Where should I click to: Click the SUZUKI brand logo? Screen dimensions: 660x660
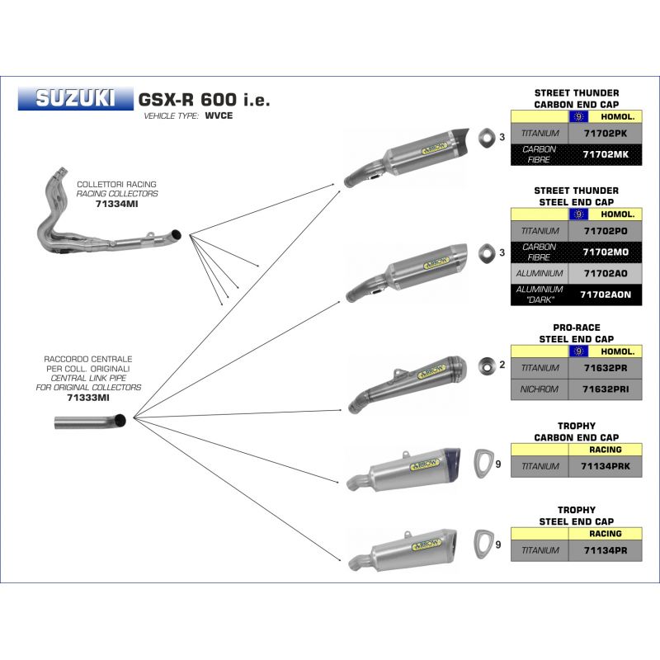pos(75,98)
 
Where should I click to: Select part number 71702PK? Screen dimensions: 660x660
pos(606,134)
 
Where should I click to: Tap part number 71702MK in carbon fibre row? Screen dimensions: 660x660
pos(606,154)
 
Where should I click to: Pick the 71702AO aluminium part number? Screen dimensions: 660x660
pos(606,274)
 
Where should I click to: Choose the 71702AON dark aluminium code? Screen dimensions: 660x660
pos(606,295)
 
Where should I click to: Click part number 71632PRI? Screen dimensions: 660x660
pos(606,389)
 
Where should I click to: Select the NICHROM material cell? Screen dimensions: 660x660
pos(540,389)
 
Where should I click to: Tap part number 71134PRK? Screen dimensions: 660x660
pos(606,466)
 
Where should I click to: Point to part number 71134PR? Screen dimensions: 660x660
pos(606,550)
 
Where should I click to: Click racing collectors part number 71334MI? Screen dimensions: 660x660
pos(116,204)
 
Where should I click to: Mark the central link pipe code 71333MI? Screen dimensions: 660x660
pos(88,398)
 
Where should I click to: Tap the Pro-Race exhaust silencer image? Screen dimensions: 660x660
pos(407,384)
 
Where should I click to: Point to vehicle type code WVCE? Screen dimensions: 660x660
pos(219,115)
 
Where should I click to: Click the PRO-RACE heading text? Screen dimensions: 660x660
pos(576,328)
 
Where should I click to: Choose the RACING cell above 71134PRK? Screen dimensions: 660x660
pos(606,450)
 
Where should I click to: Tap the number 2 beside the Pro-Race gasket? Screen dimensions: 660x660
pos(502,365)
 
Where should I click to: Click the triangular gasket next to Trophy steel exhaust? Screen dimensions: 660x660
pos(483,545)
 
